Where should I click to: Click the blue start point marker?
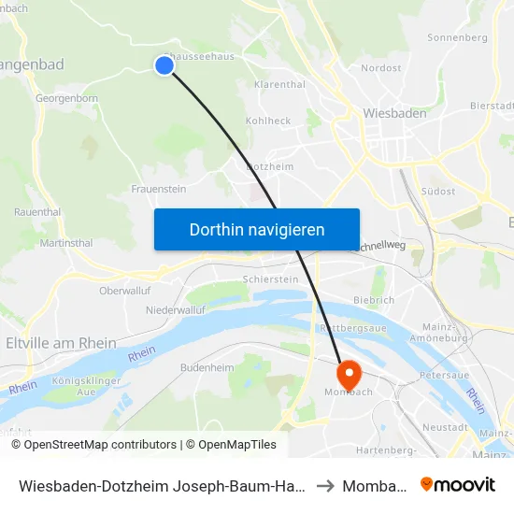tap(164, 64)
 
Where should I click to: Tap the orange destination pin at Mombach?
tap(349, 375)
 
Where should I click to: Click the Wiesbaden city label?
tap(394, 113)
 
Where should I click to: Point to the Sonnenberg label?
tap(457, 38)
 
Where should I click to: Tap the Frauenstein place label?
tap(159, 188)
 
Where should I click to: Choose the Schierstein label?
tap(270, 279)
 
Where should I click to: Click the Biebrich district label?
tap(374, 300)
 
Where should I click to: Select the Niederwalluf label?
tap(175, 308)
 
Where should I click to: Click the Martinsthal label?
tap(66, 243)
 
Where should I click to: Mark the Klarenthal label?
tap(279, 84)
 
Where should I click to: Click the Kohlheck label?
tap(267, 121)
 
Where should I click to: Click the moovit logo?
tap(458, 485)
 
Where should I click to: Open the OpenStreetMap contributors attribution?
tap(100, 445)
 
